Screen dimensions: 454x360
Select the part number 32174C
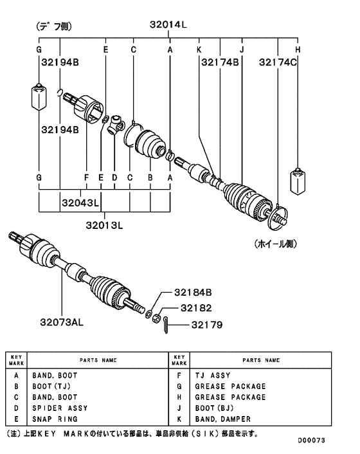[278, 62]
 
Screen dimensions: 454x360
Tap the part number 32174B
[220, 62]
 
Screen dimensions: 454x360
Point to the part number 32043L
[80, 203]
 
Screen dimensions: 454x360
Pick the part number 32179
[207, 325]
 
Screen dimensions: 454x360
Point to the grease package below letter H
[298, 180]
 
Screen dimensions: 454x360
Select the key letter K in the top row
[199, 50]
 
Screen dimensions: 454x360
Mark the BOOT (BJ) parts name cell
[215, 408]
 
